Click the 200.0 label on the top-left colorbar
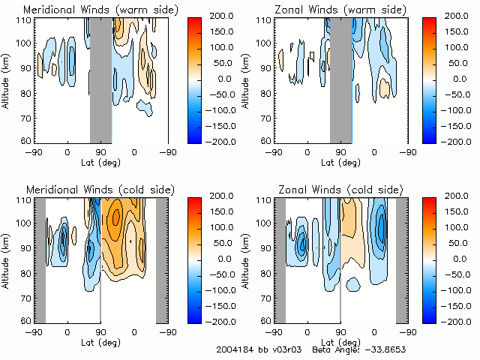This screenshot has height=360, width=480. tap(222, 16)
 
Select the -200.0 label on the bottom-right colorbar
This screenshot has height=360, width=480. tap(459, 321)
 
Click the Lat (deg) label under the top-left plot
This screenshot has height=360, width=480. tap(100, 160)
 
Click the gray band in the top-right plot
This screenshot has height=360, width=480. tap(340, 79)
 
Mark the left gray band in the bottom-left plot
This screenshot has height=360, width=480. tap(40, 259)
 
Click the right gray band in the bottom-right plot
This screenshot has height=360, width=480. tap(401, 259)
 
